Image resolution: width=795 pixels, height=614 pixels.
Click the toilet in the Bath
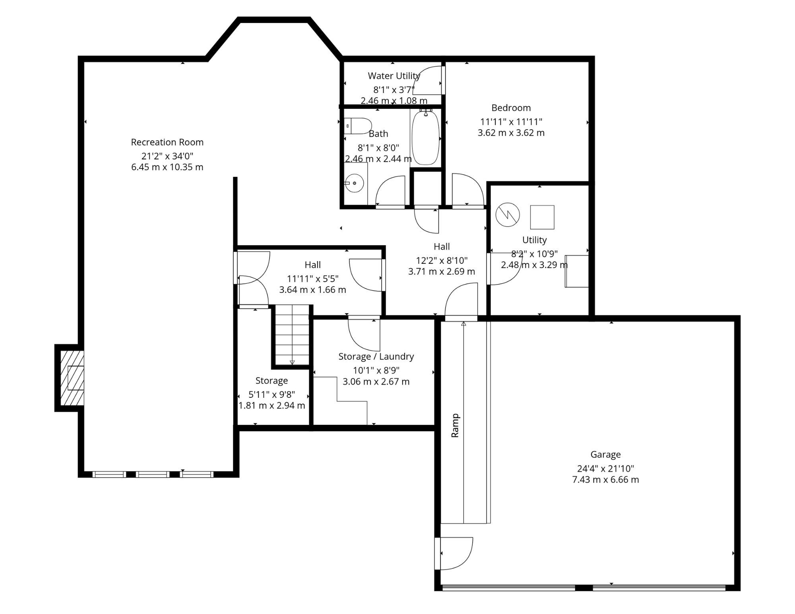point(358,126)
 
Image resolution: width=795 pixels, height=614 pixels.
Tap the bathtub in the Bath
point(426,137)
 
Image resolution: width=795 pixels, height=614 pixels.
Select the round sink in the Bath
point(354,183)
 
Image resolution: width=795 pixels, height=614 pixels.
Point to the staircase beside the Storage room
point(292,335)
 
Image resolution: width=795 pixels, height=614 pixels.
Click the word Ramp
point(455,426)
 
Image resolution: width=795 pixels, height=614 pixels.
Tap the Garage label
point(605,454)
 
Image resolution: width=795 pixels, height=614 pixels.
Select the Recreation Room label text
point(167,142)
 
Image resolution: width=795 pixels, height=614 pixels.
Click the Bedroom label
point(511,108)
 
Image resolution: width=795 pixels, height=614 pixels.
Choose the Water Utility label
point(394,76)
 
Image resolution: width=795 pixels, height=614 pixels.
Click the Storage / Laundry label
point(376,356)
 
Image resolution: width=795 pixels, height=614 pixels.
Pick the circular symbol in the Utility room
point(508,215)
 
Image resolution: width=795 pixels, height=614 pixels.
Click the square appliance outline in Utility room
point(542,217)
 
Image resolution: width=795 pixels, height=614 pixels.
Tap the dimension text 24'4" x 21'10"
point(605,469)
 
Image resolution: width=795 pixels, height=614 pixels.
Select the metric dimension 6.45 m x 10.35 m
point(167,167)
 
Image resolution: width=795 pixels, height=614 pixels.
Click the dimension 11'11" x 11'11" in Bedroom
point(511,122)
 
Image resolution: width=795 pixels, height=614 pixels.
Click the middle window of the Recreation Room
point(153,474)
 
